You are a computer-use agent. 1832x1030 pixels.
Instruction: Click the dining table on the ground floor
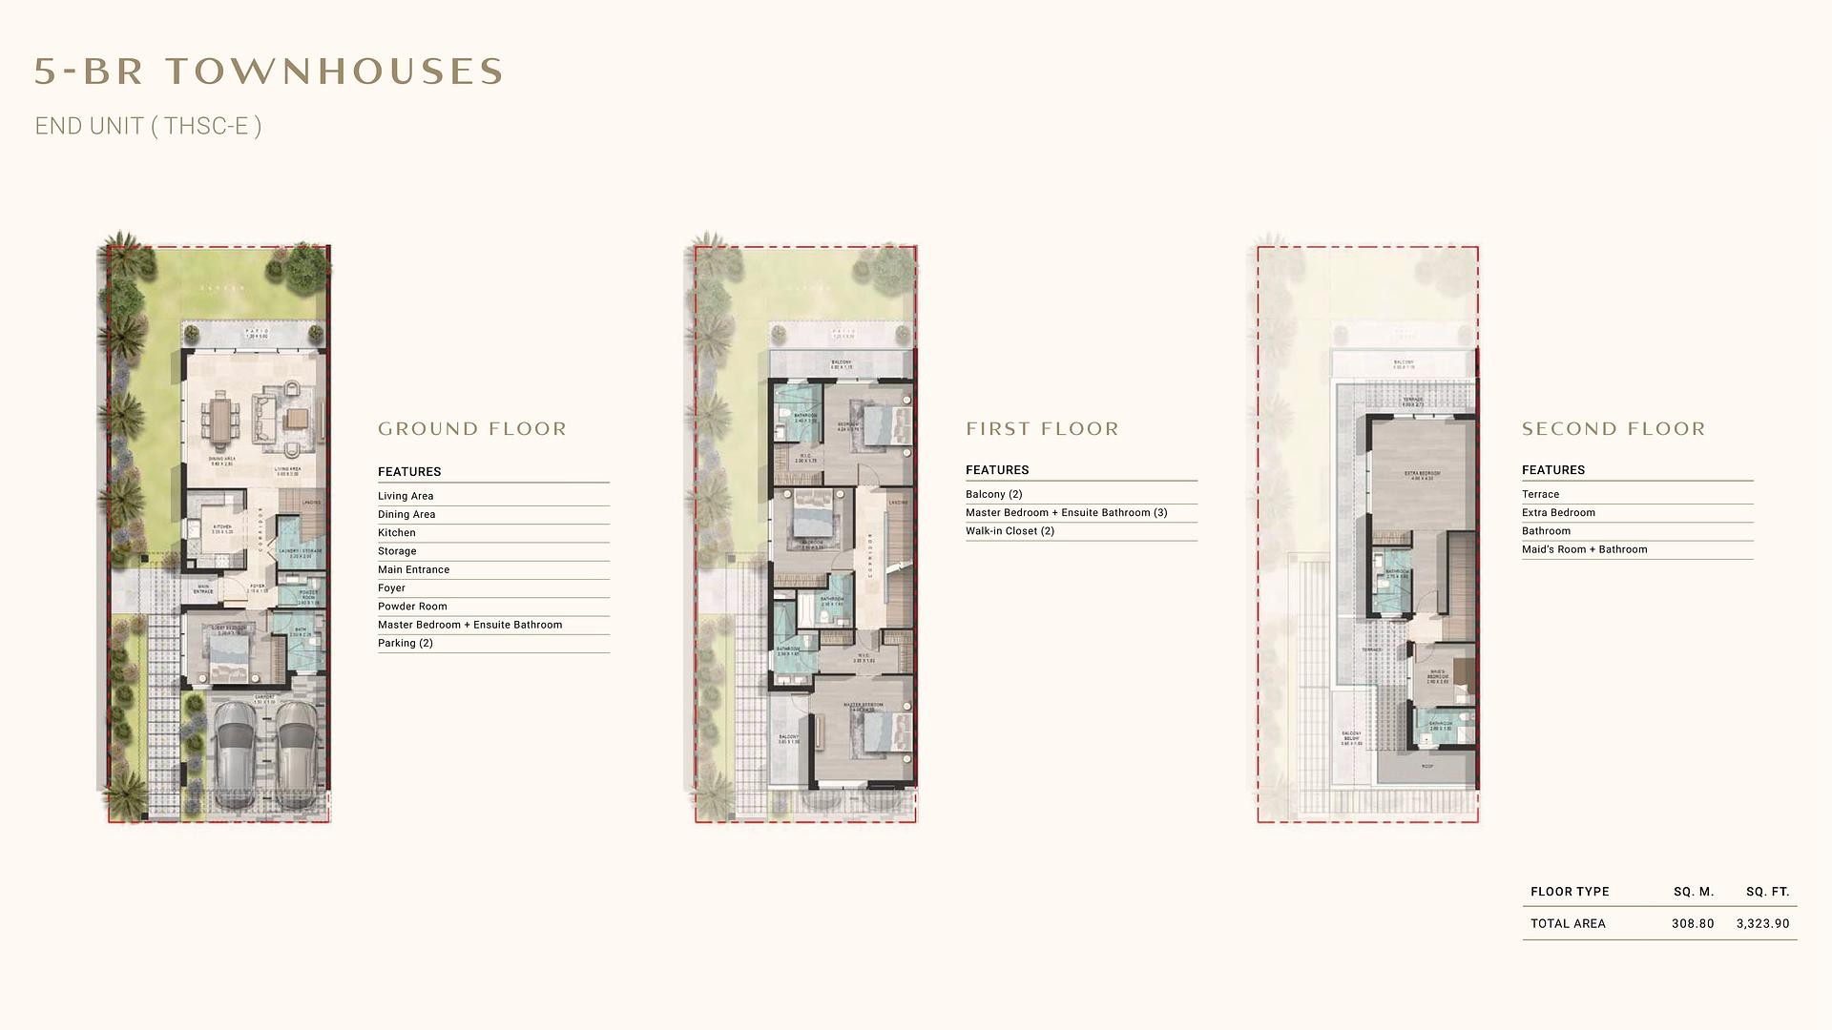pos(221,421)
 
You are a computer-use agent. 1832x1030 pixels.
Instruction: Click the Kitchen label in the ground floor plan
pos(221,526)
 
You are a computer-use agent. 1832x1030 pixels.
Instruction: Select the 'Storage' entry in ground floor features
pos(397,551)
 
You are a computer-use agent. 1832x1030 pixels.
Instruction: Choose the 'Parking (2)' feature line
pos(406,643)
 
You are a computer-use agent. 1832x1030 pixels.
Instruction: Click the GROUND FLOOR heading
pos(472,429)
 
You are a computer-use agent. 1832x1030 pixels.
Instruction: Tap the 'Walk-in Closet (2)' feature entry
pos(1010,531)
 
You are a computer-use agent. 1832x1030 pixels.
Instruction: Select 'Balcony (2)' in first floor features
pos(993,494)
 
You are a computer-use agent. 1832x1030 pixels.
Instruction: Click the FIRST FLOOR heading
pos(1042,429)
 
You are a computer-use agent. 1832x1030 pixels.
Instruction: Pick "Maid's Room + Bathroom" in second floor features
pos(1584,549)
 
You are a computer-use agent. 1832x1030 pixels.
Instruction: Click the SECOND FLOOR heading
pos(1613,429)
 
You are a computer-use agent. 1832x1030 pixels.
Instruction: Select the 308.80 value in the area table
pos(1692,923)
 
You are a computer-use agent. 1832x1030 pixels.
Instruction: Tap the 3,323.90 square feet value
pos(1762,923)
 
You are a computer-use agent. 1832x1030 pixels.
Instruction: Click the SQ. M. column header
pos(1694,892)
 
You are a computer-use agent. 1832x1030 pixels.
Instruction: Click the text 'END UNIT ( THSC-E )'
pos(148,126)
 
